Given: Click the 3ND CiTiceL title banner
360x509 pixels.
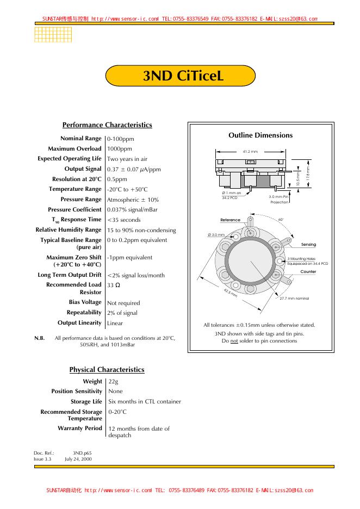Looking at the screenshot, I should click(x=180, y=76).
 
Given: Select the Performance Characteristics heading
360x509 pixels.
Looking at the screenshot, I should click(x=107, y=125).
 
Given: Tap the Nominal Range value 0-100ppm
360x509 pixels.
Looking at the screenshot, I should click(x=120, y=139).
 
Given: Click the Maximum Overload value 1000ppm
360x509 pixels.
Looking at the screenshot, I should click(x=119, y=148).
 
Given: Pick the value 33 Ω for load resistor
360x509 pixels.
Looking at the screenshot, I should click(x=114, y=284).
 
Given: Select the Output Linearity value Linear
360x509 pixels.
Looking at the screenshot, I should click(x=115, y=323).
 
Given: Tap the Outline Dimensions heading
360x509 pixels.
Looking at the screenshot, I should click(x=260, y=135).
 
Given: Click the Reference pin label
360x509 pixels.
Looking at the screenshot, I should click(x=230, y=220).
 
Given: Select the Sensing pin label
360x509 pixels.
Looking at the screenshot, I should click(x=308, y=245).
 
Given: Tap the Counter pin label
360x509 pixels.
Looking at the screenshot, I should click(x=308, y=271).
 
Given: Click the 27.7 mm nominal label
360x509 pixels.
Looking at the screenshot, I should click(x=294, y=299).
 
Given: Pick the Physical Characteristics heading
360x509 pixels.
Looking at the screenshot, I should click(x=107, y=370).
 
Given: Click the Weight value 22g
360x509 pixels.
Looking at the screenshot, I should click(x=114, y=382).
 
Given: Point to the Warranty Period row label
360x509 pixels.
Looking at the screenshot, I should click(x=80, y=429).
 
